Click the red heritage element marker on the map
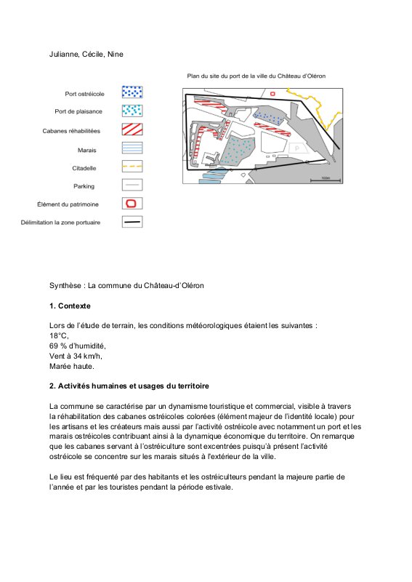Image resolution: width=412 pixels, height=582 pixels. point(273,94)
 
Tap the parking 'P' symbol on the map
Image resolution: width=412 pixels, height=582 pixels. point(296,148)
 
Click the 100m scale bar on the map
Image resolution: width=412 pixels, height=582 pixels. point(326,180)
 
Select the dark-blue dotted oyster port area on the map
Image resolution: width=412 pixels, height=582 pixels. point(270,117)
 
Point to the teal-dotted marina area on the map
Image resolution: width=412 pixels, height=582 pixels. point(238,151)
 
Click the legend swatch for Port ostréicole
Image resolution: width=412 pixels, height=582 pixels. point(132,92)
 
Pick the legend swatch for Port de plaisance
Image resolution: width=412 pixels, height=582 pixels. point(132,111)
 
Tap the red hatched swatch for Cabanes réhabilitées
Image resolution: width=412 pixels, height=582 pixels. point(132,129)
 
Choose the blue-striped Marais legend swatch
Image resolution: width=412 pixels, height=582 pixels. point(132,148)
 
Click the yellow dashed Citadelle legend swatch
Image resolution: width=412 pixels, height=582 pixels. point(132,167)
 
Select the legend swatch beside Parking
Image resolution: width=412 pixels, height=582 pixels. point(132,185)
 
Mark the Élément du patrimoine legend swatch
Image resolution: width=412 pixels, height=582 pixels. point(132,204)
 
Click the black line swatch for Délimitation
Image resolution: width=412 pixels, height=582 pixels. point(132,222)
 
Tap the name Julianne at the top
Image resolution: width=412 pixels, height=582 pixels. point(64,55)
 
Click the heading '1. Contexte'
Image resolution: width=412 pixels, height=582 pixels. point(70,306)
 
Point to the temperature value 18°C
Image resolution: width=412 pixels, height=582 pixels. point(59,336)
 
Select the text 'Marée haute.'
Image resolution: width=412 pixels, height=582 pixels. point(71,367)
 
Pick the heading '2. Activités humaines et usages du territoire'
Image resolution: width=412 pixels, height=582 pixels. point(129,386)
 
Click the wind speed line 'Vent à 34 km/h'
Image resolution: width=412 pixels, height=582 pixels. point(76,356)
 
